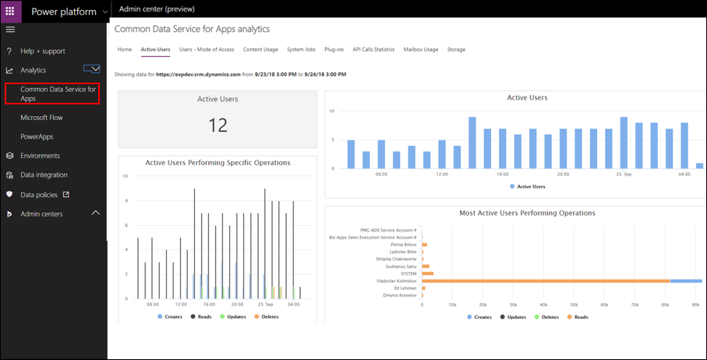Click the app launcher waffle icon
[x=10, y=11]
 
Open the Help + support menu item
[x=43, y=51]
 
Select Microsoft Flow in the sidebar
[x=41, y=117]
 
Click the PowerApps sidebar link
[x=37, y=136]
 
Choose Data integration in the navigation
[x=44, y=175]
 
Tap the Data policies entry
[x=39, y=194]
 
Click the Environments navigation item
[x=40, y=156]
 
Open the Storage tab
[x=456, y=49]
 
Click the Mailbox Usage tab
[x=421, y=49]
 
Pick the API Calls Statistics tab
[x=373, y=49]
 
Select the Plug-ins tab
[x=334, y=49]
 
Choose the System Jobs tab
[x=301, y=49]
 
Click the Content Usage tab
[x=260, y=49]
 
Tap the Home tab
[x=125, y=49]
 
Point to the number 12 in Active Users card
[x=217, y=125]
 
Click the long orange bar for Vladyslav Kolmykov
[x=546, y=281]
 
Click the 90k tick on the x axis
[x=695, y=305]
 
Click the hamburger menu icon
[x=10, y=30]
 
